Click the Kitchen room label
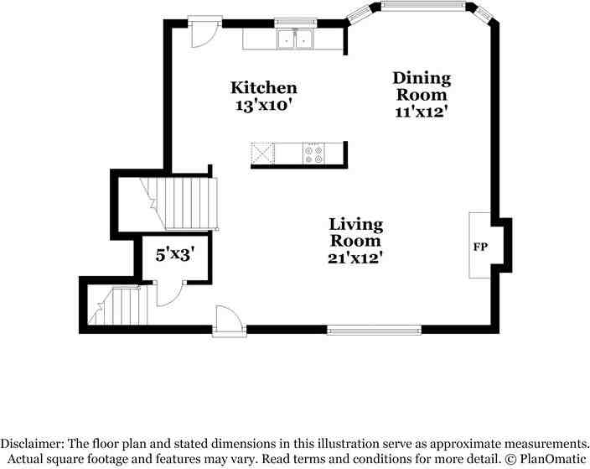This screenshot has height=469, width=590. pyautogui.click(x=264, y=87)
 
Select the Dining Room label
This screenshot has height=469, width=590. pyautogui.click(x=422, y=86)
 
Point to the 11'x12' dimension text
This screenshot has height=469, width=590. pyautogui.click(x=422, y=112)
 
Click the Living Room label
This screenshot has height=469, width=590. pyautogui.click(x=355, y=232)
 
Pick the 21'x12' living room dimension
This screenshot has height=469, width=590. pyautogui.click(x=355, y=258)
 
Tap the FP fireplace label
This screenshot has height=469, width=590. pyautogui.click(x=481, y=248)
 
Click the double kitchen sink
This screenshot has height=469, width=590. pyautogui.click(x=294, y=39)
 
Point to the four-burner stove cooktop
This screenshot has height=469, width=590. pyautogui.click(x=313, y=154)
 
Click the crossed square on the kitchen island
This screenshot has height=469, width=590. pyautogui.click(x=263, y=154)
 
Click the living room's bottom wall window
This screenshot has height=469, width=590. pyautogui.click(x=374, y=330)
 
